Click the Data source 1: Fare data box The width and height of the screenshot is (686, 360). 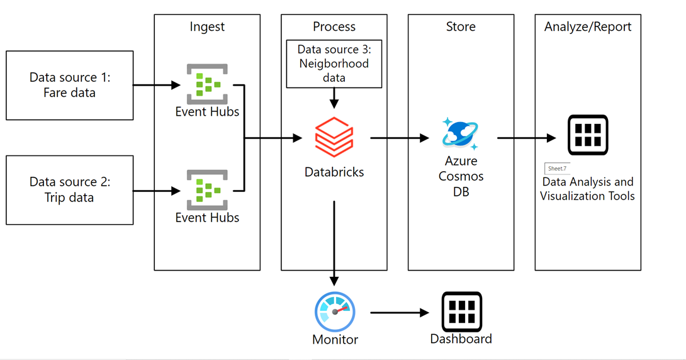(x=69, y=85)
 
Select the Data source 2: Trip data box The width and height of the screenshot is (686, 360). (x=69, y=189)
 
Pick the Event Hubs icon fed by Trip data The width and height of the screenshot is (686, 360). (x=207, y=189)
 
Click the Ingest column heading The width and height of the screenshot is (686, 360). (x=207, y=26)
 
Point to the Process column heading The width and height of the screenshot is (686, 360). (x=334, y=26)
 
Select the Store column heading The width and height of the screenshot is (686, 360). (x=461, y=26)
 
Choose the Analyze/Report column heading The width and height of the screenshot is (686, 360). (x=588, y=26)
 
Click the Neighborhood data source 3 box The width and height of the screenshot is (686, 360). (x=334, y=64)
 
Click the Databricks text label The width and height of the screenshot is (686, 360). (x=334, y=171)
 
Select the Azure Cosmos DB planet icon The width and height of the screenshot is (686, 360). (x=461, y=133)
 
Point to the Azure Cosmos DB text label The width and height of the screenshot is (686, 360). (x=461, y=176)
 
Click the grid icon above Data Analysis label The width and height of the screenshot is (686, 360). (x=587, y=135)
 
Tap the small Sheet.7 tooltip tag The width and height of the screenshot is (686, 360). (x=557, y=169)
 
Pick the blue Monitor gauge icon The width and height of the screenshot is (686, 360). (x=335, y=312)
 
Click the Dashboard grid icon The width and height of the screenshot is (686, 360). (x=461, y=312)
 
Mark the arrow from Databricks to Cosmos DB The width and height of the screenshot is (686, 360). (x=399, y=138)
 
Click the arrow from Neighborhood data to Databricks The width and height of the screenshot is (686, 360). (x=334, y=98)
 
